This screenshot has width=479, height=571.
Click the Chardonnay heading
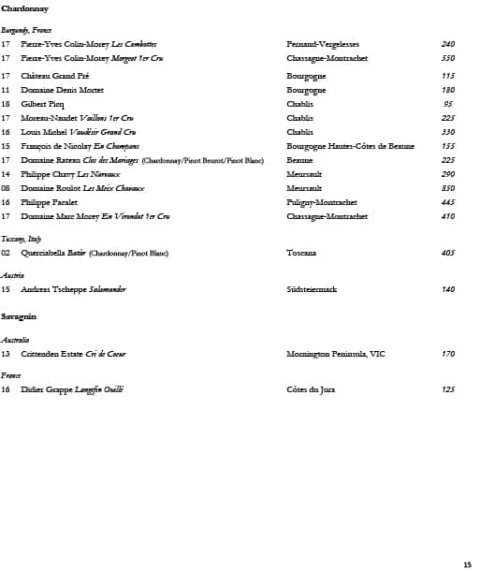point(25,8)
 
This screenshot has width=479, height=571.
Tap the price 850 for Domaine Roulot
point(447,188)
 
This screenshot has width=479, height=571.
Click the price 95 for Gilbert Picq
point(448,104)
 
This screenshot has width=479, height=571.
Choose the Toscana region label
point(301,253)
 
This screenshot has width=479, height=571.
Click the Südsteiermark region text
point(312,289)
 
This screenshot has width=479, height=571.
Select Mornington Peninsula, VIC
point(335,354)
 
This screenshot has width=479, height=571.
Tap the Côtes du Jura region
point(311,389)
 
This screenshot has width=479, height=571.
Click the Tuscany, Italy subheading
point(21,239)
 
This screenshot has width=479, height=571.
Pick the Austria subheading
point(12,275)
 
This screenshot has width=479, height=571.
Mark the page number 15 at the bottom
point(467,564)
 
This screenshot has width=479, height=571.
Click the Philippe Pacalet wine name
point(49,202)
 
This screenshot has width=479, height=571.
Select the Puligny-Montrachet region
point(321,202)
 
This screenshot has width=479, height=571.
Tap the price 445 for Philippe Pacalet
point(447,202)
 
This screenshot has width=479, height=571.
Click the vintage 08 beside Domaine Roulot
point(6,188)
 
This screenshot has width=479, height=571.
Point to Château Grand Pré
point(54,76)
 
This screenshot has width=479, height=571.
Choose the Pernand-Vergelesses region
point(322,44)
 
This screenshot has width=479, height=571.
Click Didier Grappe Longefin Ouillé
point(72,389)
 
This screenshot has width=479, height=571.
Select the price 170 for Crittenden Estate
point(447,354)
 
